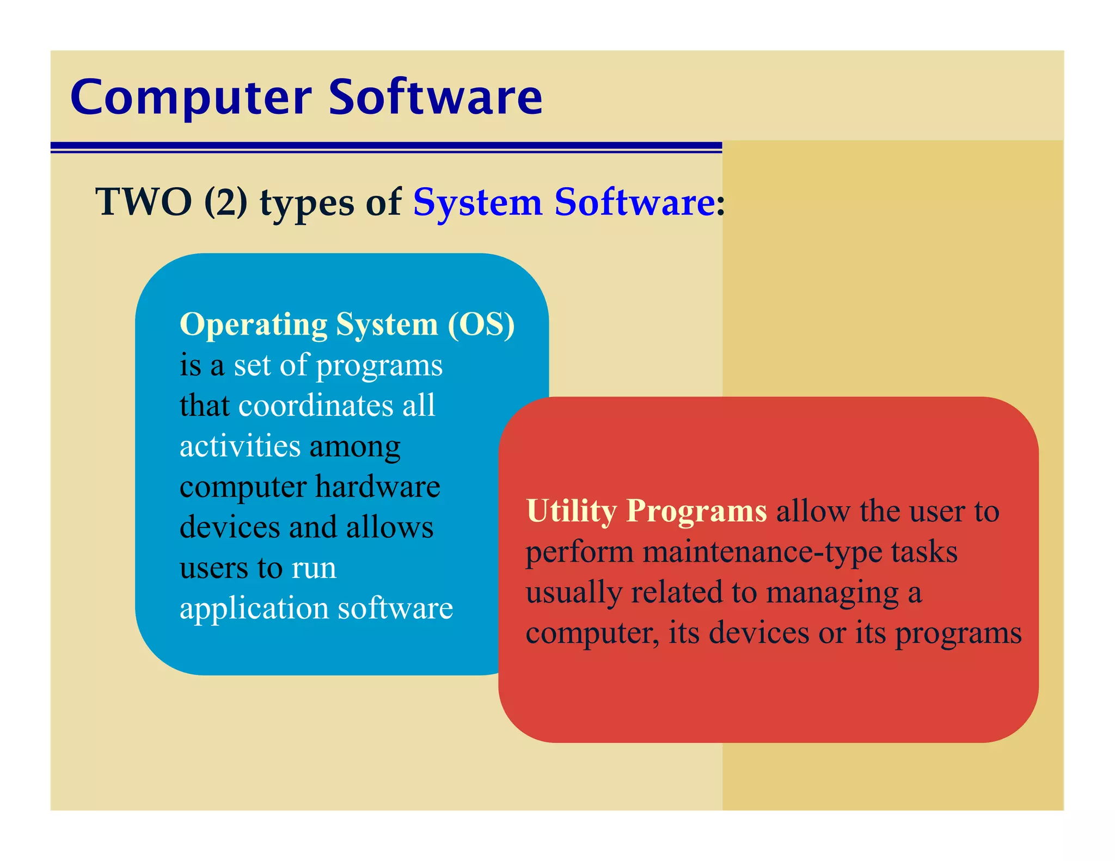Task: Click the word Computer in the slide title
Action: pyautogui.click(x=191, y=98)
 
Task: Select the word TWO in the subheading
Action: pyautogui.click(x=144, y=202)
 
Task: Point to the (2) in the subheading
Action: pyautogui.click(x=226, y=202)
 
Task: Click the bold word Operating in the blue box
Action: pyautogui.click(x=253, y=325)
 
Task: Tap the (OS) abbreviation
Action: pyautogui.click(x=481, y=325)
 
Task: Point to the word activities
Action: pyautogui.click(x=240, y=446)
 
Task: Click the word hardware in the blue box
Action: pyautogui.click(x=377, y=486)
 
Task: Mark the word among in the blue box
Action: pyautogui.click(x=355, y=447)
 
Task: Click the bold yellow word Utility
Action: pyautogui.click(x=571, y=512)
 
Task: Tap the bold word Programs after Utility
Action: pyautogui.click(x=696, y=512)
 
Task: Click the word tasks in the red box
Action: pyautogui.click(x=924, y=552)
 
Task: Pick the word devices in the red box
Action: pyautogui.click(x=759, y=633)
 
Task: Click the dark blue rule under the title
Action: pyautogui.click(x=386, y=146)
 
